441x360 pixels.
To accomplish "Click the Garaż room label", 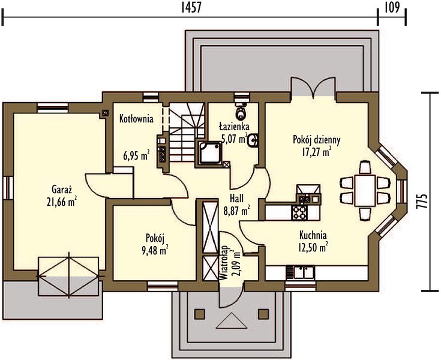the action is click(62, 189).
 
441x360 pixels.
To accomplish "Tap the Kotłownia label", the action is click(136, 119).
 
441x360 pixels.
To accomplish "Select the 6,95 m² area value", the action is click(136, 155).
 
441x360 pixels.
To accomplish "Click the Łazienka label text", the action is click(234, 127).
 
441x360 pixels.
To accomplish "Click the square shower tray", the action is click(210, 153).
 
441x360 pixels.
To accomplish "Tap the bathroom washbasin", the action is click(253, 140).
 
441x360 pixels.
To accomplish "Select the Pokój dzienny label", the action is click(317, 140).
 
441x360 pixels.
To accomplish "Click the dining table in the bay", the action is click(365, 190).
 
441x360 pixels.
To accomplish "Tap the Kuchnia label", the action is click(313, 235).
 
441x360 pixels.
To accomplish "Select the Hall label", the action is click(236, 199).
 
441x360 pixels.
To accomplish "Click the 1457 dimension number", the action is click(191, 8).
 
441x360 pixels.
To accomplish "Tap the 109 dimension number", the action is click(392, 8).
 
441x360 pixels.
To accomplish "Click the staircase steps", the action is click(187, 132).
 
